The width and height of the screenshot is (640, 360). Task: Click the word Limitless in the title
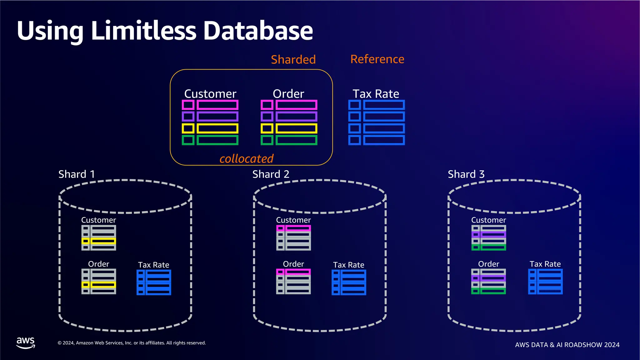[x=144, y=31]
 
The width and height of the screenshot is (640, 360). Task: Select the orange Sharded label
[x=293, y=59]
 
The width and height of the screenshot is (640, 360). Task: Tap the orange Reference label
[x=377, y=59]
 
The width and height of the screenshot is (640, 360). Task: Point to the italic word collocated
[x=246, y=158]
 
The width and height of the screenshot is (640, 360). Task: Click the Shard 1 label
[x=77, y=174]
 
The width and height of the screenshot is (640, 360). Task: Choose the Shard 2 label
[x=271, y=174]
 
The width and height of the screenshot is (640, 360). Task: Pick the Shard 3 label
[x=466, y=174]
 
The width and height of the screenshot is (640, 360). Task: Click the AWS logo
[x=26, y=342]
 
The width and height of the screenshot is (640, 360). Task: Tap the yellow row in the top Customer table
[x=210, y=128]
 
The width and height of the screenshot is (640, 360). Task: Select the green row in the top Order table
[x=289, y=140]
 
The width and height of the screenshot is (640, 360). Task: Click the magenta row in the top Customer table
[x=210, y=105]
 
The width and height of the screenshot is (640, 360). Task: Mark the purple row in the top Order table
[x=289, y=117]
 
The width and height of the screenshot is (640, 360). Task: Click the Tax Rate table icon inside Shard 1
[x=154, y=282]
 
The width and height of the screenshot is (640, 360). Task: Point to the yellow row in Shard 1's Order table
[x=99, y=285]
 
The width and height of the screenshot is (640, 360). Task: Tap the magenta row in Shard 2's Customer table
[x=293, y=228]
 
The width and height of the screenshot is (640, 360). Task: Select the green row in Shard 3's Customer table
[x=488, y=247]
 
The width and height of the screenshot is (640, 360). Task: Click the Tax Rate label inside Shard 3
[x=545, y=264]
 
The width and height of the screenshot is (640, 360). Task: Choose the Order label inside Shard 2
[x=293, y=264]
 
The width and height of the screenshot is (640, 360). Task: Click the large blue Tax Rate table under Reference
[x=376, y=122]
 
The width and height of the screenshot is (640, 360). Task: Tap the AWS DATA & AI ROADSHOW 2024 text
[x=567, y=345]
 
